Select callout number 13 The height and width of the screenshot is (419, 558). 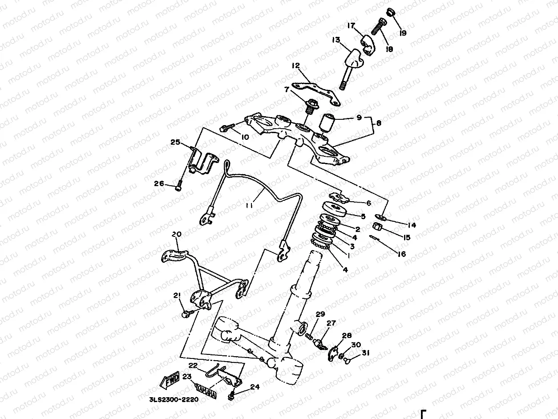[x=336, y=40]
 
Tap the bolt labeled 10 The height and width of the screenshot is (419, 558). [x=226, y=128]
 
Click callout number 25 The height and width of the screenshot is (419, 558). [x=175, y=142]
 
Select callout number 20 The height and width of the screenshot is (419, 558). [x=176, y=235]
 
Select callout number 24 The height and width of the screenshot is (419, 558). [x=255, y=387]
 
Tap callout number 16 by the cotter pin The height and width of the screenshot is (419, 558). [x=401, y=254]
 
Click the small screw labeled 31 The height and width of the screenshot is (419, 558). [x=348, y=362]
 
